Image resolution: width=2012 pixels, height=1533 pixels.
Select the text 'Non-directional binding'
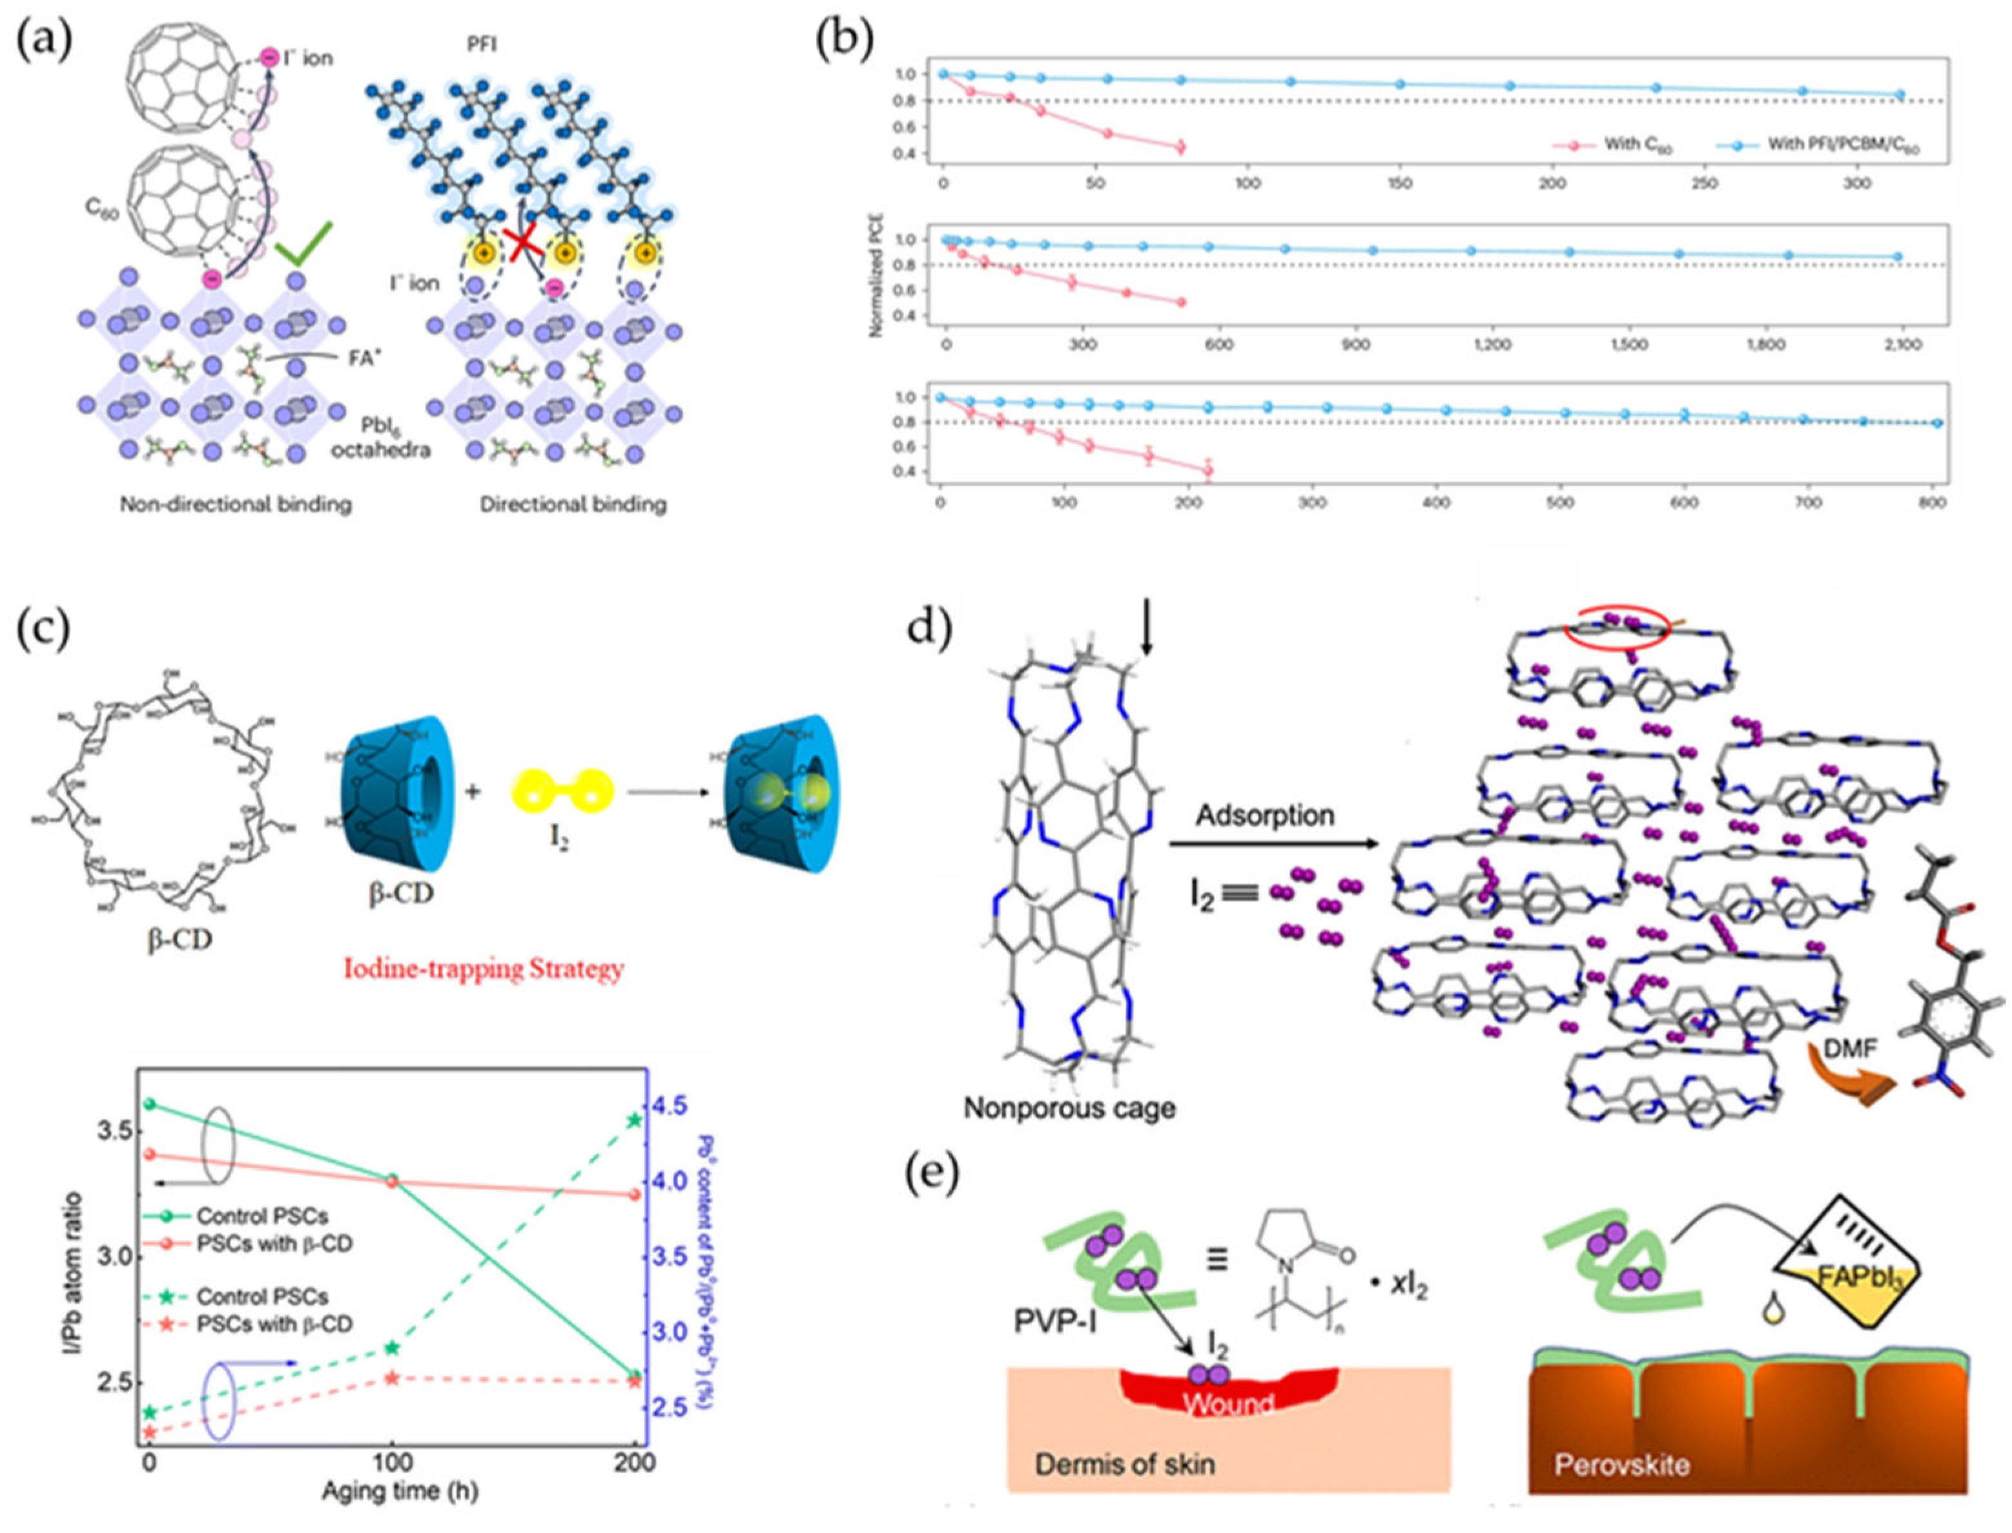click(236, 504)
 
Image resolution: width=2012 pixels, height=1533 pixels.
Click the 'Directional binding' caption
click(573, 504)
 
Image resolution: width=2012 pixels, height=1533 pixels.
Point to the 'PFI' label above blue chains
click(482, 43)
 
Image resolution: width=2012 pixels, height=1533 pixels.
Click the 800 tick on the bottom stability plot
click(1933, 502)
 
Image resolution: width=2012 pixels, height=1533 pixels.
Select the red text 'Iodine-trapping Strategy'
click(484, 968)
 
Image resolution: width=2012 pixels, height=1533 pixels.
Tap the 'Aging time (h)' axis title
click(400, 1490)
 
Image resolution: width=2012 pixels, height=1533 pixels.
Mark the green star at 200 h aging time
click(636, 1120)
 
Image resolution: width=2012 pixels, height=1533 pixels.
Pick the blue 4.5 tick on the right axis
click(675, 1107)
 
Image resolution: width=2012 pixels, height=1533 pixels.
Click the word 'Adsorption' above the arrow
click(1265, 815)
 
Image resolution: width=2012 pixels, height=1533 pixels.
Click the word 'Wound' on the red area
click(1228, 1403)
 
